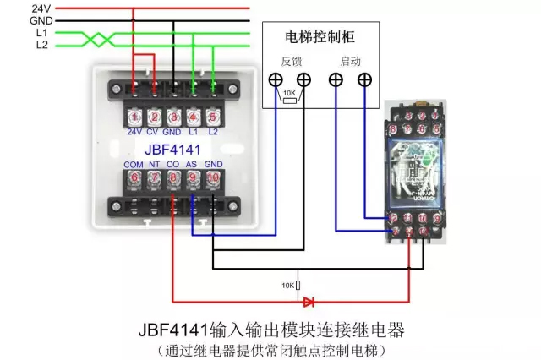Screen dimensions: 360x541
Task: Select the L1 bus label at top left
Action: tap(41, 32)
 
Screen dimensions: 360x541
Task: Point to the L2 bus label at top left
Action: tap(41, 45)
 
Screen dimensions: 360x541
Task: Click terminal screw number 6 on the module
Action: tap(134, 178)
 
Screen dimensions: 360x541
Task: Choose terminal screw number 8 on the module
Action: tap(172, 178)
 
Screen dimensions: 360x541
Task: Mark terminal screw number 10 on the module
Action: tap(212, 178)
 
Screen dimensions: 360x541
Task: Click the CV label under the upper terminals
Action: tap(153, 133)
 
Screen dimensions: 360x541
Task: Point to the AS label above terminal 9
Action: tap(192, 163)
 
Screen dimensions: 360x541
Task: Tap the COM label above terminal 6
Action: tap(134, 163)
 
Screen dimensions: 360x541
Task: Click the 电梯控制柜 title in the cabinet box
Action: tap(320, 37)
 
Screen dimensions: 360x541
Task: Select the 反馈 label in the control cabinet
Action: tap(291, 62)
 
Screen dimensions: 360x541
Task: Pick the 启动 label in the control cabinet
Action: tap(350, 62)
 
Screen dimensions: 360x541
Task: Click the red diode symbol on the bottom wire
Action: tap(309, 300)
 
